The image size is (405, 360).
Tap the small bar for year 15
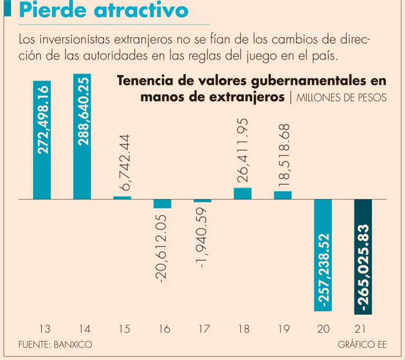tap(122, 198)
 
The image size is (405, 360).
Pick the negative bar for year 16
tap(162, 204)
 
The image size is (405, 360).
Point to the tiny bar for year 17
tap(202, 201)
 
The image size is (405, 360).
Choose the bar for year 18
tap(243, 193)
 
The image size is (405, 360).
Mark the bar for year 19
tap(283, 195)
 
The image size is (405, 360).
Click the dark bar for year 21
tap(363, 257)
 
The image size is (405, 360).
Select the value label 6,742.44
tap(124, 162)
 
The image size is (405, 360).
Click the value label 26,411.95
tap(243, 150)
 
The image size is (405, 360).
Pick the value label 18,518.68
tap(284, 157)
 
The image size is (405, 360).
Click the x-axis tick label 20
tap(323, 329)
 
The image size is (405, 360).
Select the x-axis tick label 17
tap(204, 329)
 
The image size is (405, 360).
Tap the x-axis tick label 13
tap(45, 329)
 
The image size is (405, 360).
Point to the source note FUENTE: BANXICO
tap(55, 345)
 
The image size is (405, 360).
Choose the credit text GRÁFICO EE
tap(362, 345)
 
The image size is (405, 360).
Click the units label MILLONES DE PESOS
tap(341, 98)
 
